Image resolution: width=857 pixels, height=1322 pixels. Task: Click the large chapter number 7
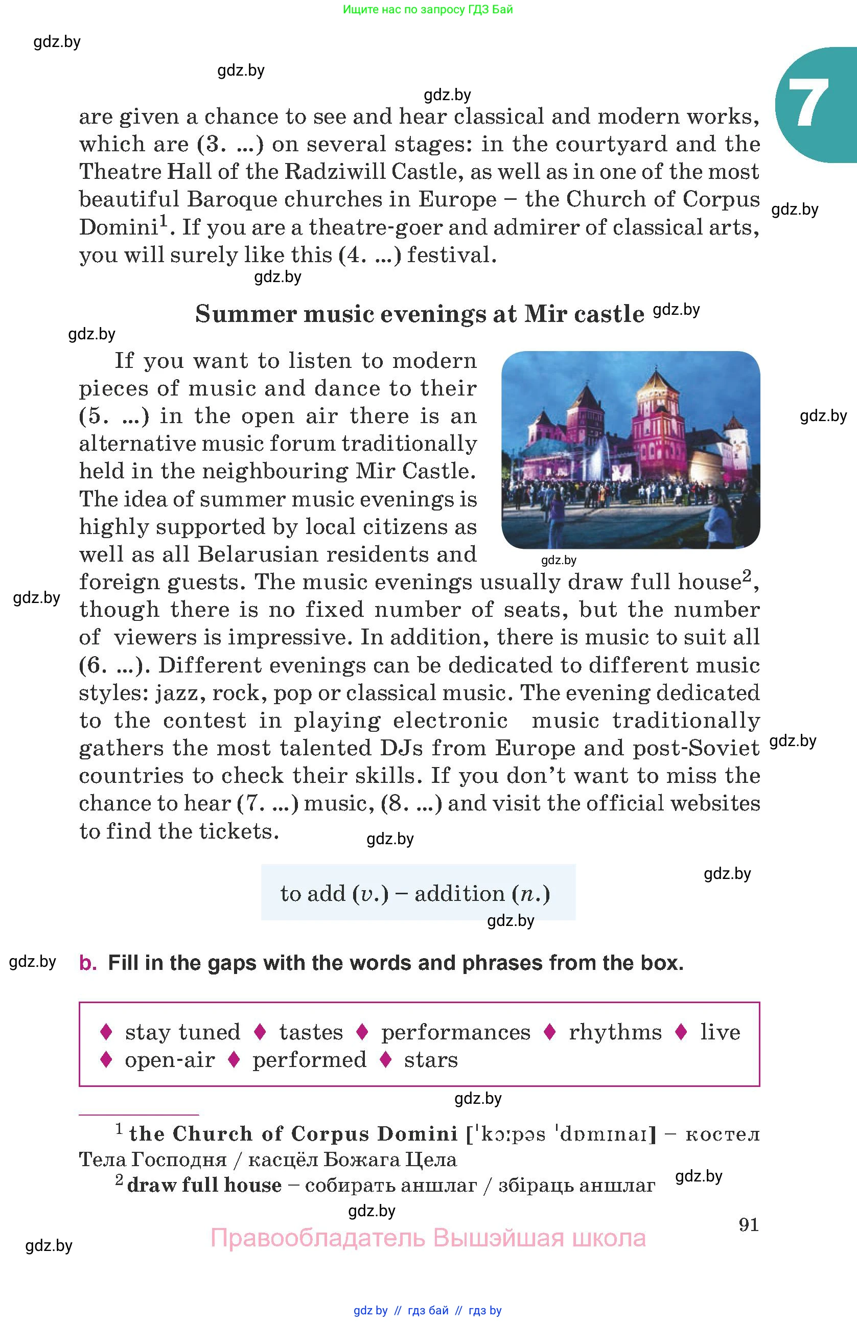click(808, 103)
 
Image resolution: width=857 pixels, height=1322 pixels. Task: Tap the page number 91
click(748, 1224)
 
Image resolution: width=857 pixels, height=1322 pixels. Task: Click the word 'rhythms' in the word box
click(615, 1032)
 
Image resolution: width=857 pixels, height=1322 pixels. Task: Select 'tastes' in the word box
click(311, 1032)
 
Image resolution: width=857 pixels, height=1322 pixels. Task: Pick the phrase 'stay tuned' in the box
click(182, 1032)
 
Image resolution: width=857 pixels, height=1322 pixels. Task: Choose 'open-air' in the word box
click(169, 1060)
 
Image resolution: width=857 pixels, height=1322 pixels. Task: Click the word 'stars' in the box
click(430, 1060)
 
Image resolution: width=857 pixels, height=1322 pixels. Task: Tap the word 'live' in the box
click(720, 1032)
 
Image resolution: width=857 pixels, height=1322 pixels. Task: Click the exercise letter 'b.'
click(88, 963)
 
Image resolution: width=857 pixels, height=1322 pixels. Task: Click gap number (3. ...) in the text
click(230, 145)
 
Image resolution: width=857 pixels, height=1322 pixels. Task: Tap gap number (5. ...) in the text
click(114, 416)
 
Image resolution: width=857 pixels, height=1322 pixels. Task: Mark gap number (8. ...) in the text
click(411, 804)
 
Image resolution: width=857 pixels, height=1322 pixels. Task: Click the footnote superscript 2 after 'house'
click(747, 575)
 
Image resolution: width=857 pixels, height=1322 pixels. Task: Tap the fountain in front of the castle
click(597, 464)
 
